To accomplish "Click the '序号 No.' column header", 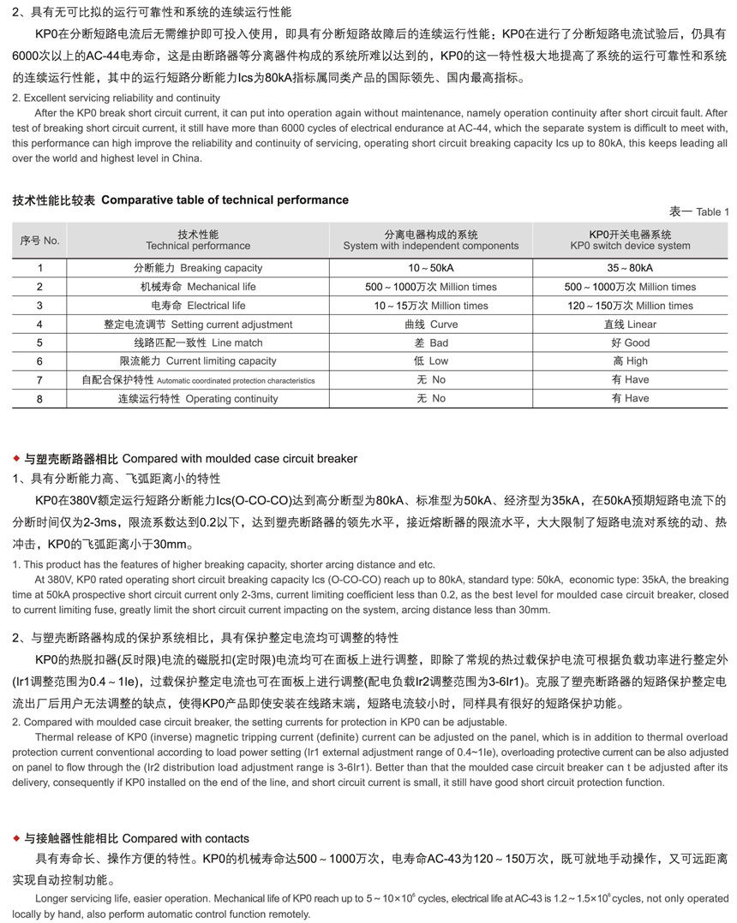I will pos(39,241).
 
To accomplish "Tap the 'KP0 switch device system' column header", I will pos(630,241).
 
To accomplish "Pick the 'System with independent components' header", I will pos(431,241).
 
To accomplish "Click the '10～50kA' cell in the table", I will pos(431,268).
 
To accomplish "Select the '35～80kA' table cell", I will pos(630,268).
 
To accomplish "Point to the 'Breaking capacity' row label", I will pos(198,268).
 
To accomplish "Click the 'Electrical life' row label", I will pos(198,306).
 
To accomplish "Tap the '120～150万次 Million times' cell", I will pos(630,306).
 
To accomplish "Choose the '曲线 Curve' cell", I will pos(431,325).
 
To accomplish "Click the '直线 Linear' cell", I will pos(630,325).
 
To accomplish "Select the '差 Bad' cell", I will pos(431,343).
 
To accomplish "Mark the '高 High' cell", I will pos(630,361).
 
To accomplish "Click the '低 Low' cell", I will pos(431,361).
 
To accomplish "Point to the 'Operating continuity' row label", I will pos(198,399).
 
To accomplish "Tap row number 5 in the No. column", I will pos(39,343).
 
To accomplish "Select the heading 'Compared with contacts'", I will pos(186,838).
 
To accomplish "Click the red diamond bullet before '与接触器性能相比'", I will pos(16,838).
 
